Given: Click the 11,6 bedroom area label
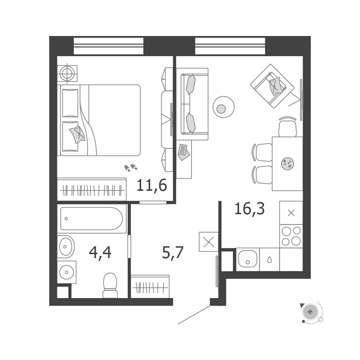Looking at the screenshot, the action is point(152,185).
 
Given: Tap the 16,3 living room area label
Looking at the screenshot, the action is point(249,209).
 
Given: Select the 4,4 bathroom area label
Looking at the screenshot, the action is point(100,252).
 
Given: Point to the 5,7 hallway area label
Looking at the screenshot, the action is point(173,252).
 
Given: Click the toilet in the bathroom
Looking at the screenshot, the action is point(110,285).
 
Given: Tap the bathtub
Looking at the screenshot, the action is point(91,219).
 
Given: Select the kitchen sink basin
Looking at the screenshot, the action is point(248,259).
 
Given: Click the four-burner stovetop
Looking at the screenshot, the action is point(291,236).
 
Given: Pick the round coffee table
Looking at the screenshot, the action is point(224,107).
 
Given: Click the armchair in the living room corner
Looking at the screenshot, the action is point(272,86).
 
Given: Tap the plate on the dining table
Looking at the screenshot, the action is point(287,164).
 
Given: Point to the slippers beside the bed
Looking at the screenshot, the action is point(131,168).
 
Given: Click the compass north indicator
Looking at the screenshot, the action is point(310,312).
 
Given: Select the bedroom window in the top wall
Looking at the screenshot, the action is point(109,46).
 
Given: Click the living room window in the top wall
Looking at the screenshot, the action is point(230,46).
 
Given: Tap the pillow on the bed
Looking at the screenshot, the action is point(77,134).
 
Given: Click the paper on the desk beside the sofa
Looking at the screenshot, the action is point(184,152).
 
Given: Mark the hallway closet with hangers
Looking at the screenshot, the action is point(150,287).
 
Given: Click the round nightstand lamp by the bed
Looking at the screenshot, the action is point(67,73).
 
